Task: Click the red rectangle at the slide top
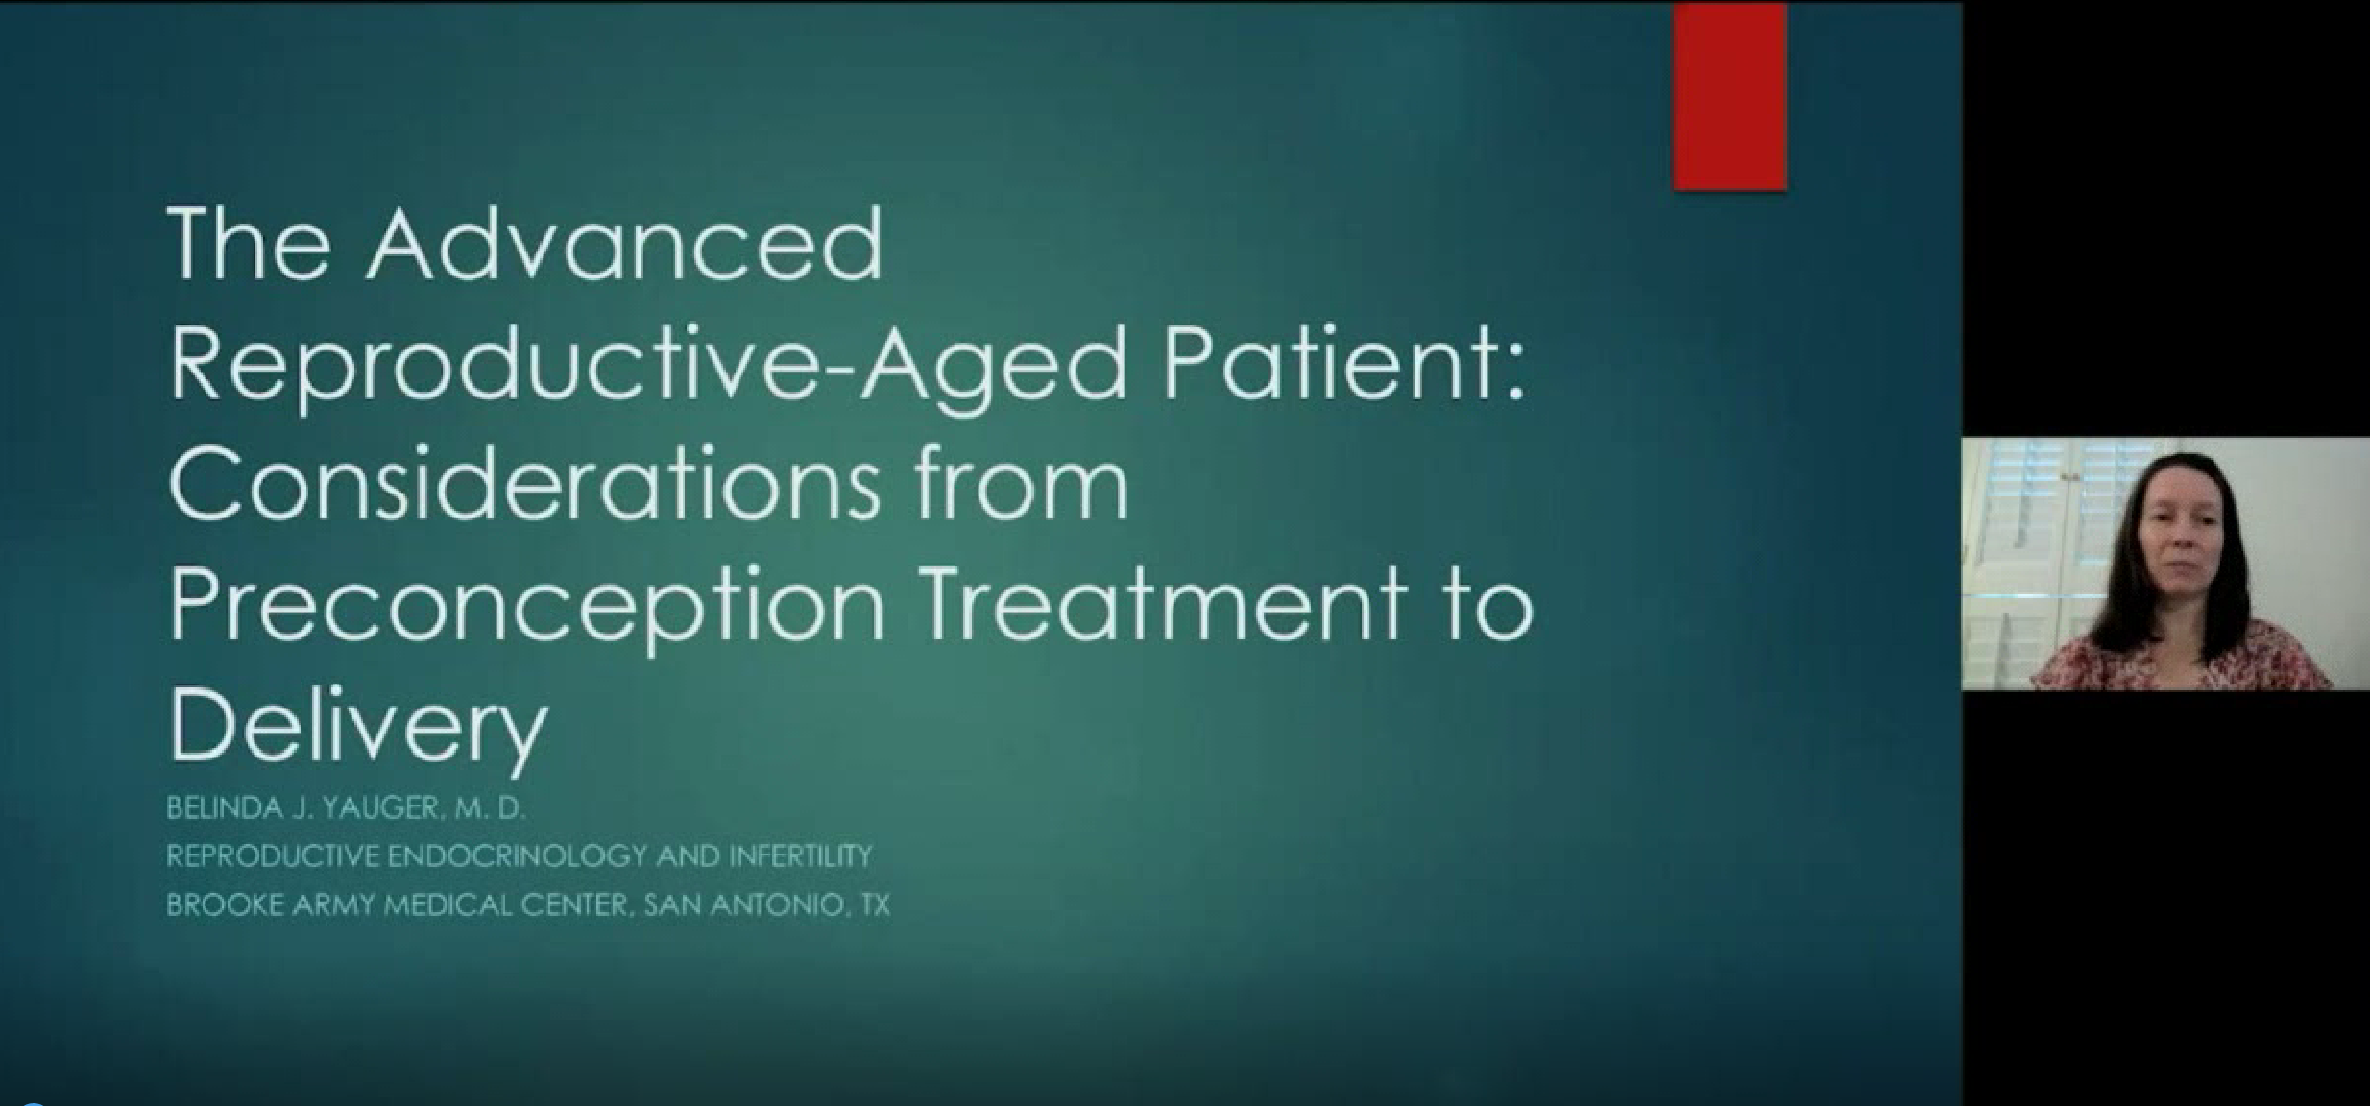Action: [x=1729, y=96]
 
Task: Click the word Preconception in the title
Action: [x=526, y=611]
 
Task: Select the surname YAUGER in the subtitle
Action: [x=383, y=808]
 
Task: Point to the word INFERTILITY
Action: [x=801, y=855]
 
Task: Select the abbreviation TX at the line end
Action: [x=874, y=904]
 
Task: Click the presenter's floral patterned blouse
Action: [x=2180, y=658]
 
